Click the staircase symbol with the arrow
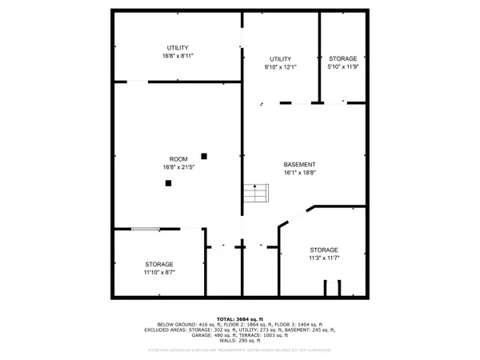[255, 194]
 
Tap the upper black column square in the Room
[205, 155]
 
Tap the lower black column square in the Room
[169, 183]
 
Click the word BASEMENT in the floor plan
[299, 164]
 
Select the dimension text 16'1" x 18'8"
[299, 172]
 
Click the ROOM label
[178, 158]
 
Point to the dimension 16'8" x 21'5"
[178, 166]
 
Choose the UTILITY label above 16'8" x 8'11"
[178, 49]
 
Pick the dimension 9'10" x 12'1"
[280, 67]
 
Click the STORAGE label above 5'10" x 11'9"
[343, 59]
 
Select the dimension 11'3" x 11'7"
[324, 258]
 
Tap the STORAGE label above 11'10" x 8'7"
[159, 264]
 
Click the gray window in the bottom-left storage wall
[145, 230]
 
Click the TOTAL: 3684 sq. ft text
[240, 318]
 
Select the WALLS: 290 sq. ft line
[240, 341]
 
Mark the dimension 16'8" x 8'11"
[178, 57]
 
